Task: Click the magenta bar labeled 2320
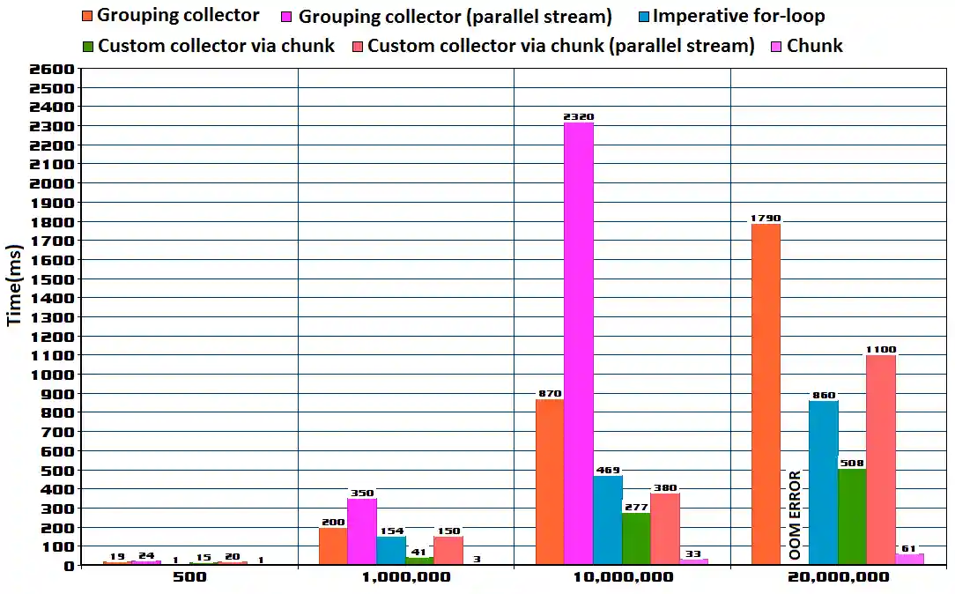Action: pos(579,344)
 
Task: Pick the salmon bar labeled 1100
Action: pos(881,459)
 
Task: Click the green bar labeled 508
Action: pos(852,516)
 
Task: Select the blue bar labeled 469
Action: pos(607,520)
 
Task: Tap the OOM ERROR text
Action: pos(795,516)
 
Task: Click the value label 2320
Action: pos(579,116)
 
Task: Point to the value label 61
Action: pos(910,548)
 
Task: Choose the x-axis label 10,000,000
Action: pos(622,577)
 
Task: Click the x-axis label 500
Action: pos(189,577)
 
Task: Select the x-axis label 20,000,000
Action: pos(838,577)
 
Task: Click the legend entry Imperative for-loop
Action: pos(738,16)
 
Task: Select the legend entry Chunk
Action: pos(814,46)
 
